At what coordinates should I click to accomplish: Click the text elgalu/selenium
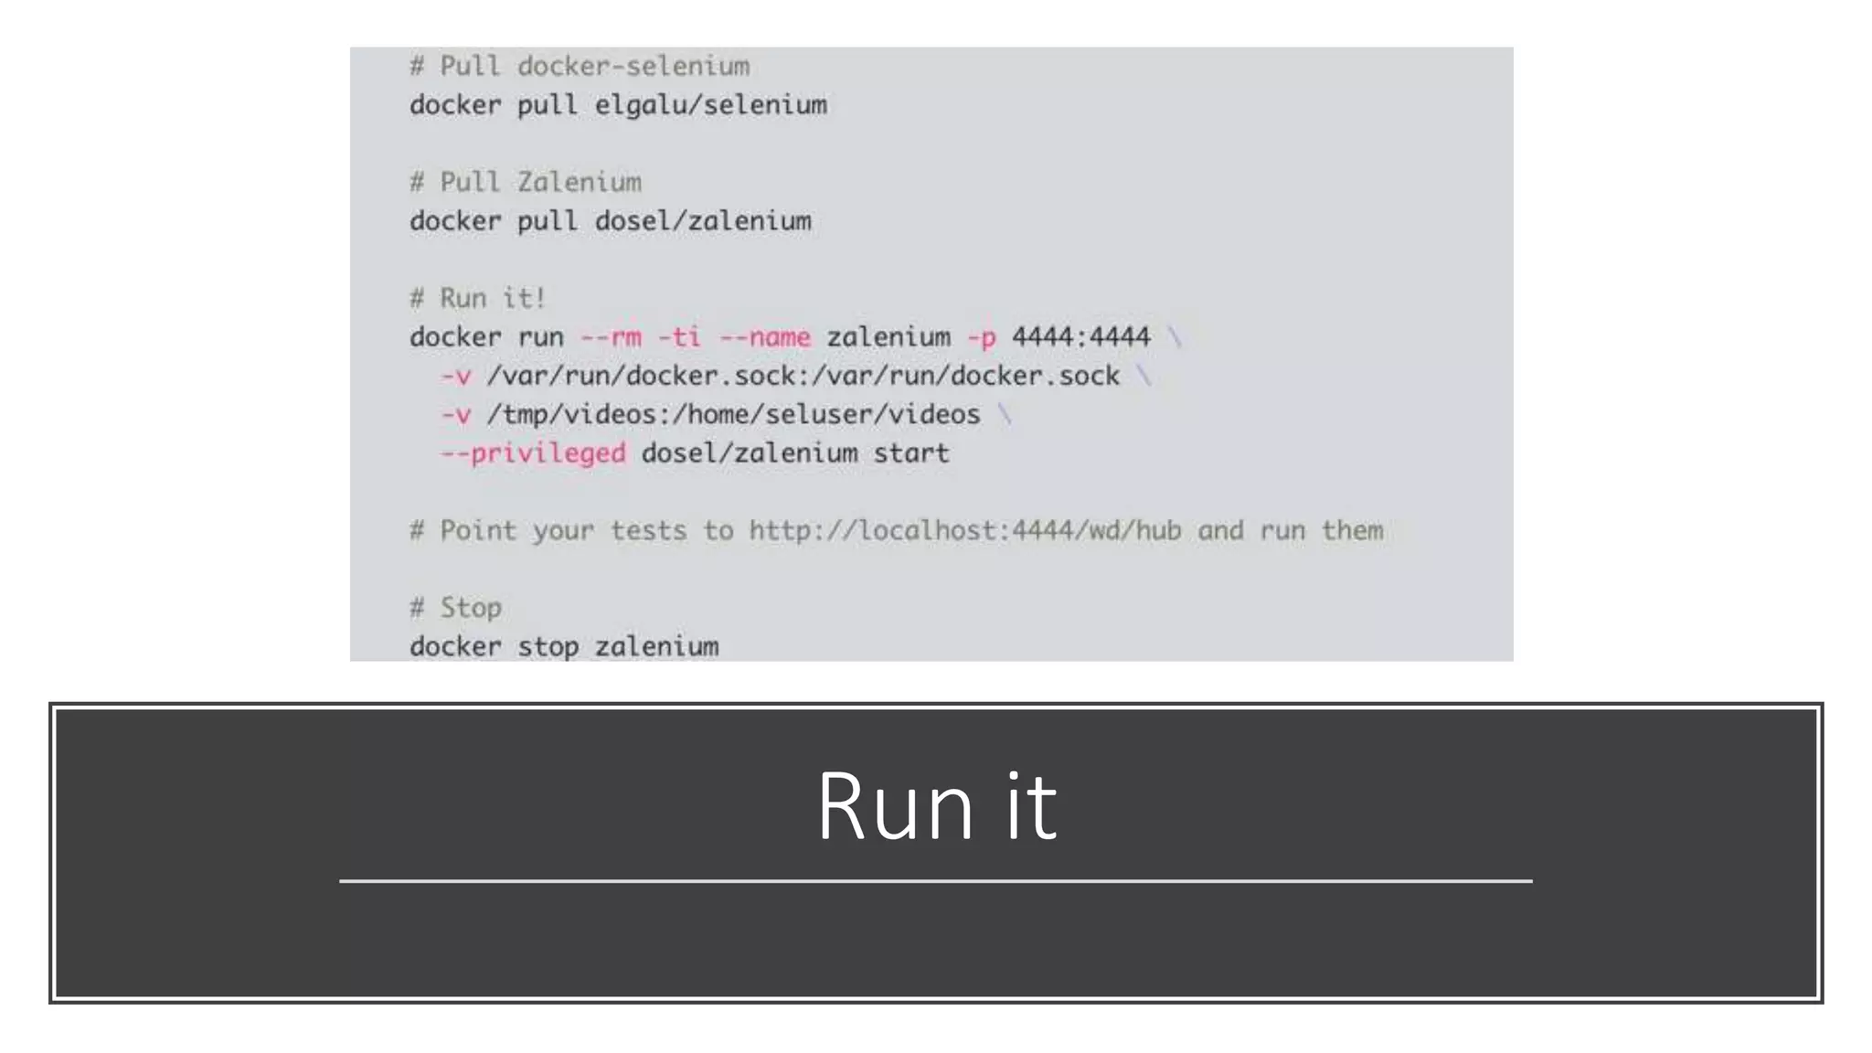pyautogui.click(x=710, y=105)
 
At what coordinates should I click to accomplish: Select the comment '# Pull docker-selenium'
pyautogui.click(x=580, y=67)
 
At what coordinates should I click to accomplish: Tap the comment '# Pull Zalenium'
pyautogui.click(x=526, y=183)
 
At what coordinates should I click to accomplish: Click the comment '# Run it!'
pyautogui.click(x=477, y=299)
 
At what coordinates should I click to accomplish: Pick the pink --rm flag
pyautogui.click(x=611, y=337)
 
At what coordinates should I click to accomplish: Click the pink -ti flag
pyautogui.click(x=679, y=337)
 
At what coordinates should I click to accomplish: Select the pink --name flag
pyautogui.click(x=764, y=337)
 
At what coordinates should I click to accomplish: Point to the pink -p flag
pyautogui.click(x=981, y=337)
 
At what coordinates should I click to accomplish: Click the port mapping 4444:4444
pyautogui.click(x=1080, y=337)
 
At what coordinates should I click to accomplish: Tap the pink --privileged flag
pyautogui.click(x=533, y=453)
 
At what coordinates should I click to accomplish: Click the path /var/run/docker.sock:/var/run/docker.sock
pyautogui.click(x=803, y=376)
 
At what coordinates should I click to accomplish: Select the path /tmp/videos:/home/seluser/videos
pyautogui.click(x=733, y=415)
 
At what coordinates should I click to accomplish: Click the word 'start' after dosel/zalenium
pyautogui.click(x=910, y=453)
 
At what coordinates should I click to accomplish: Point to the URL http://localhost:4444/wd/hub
pyautogui.click(x=964, y=531)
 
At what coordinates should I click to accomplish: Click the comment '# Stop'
pyautogui.click(x=455, y=608)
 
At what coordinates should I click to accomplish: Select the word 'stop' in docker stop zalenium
pyautogui.click(x=548, y=647)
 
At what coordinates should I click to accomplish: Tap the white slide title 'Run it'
pyautogui.click(x=936, y=806)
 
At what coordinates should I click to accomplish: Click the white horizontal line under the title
pyautogui.click(x=936, y=881)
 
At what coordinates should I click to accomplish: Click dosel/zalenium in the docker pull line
pyautogui.click(x=703, y=221)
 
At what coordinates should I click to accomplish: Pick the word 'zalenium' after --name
pyautogui.click(x=888, y=337)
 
